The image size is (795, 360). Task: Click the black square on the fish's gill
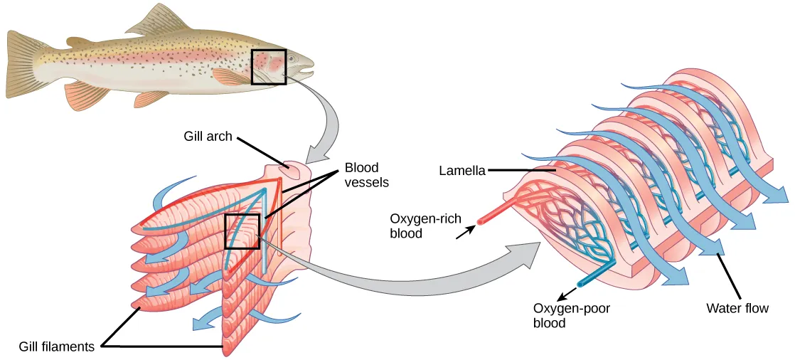(x=268, y=67)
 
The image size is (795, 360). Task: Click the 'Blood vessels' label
(x=367, y=175)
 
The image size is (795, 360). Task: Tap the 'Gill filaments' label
(x=57, y=346)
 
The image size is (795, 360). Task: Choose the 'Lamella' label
(x=462, y=171)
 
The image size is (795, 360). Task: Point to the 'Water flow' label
(x=737, y=309)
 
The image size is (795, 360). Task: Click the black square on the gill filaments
(x=242, y=231)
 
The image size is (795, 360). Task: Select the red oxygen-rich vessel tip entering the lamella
(x=480, y=221)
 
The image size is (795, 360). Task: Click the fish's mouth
(x=309, y=71)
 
